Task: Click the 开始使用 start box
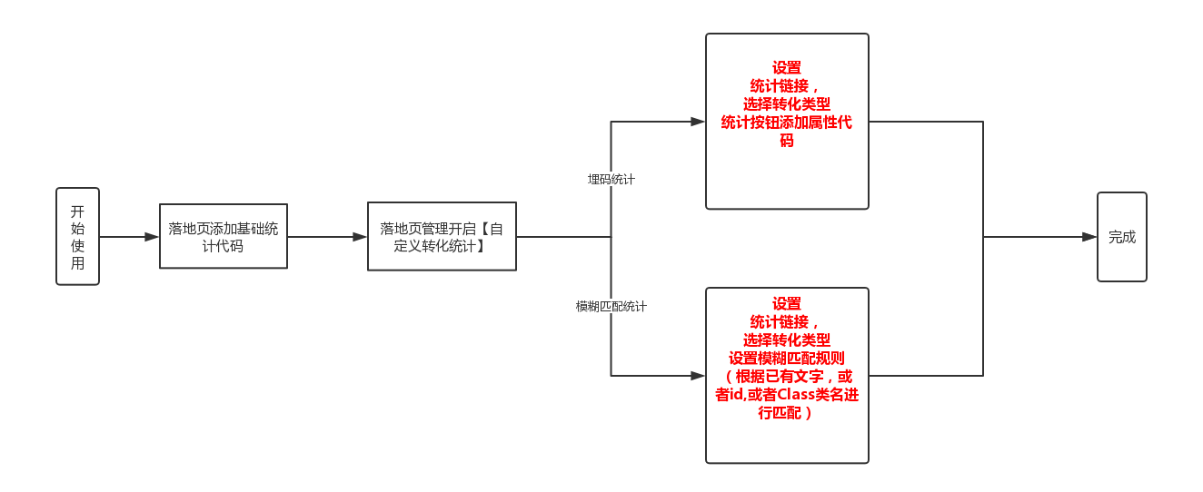tap(77, 236)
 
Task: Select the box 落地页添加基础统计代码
tap(224, 236)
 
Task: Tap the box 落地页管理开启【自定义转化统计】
tap(442, 236)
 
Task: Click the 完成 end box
tap(1122, 237)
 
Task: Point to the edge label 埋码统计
tap(611, 179)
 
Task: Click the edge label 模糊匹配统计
tap(611, 306)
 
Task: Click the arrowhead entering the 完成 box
tap(1089, 237)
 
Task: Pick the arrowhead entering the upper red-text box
tap(698, 122)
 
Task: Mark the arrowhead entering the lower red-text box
tap(698, 376)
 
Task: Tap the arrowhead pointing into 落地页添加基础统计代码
tap(152, 237)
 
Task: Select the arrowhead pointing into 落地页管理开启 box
tap(360, 237)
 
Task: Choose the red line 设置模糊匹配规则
tap(787, 358)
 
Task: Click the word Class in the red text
tap(796, 394)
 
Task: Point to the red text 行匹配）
tap(785, 413)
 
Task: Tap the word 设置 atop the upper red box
tap(787, 67)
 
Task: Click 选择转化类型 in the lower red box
tap(787, 339)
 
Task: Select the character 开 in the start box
tap(77, 212)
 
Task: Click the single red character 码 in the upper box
tap(787, 141)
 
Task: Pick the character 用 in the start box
tap(77, 263)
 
